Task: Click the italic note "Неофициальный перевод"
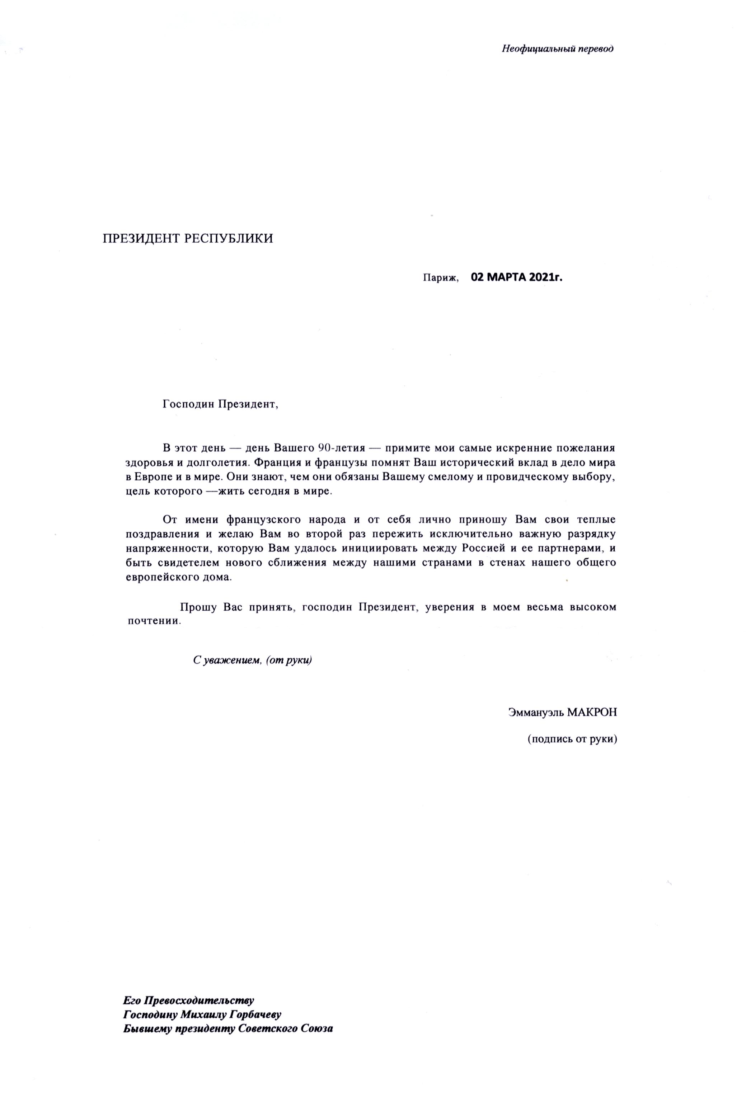click(x=558, y=49)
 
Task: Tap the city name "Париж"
click(x=441, y=278)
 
